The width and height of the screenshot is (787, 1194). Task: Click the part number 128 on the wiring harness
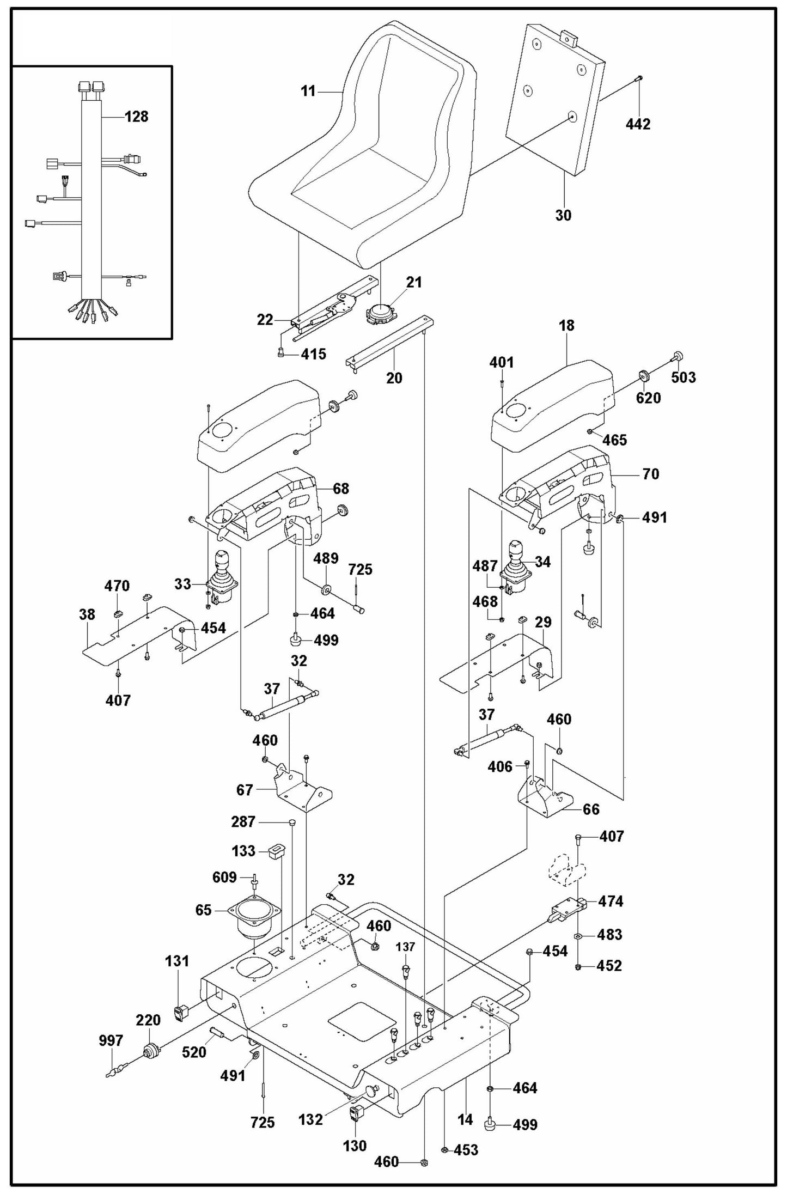[136, 117]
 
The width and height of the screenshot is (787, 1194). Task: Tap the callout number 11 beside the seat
[308, 92]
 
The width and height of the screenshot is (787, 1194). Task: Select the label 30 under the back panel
[563, 215]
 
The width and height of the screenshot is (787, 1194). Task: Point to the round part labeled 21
[379, 314]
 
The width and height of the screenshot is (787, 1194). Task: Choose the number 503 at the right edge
[683, 377]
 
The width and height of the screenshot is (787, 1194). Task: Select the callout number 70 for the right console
[650, 474]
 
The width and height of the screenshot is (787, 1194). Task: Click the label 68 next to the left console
[341, 489]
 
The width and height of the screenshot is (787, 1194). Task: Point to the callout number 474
[610, 901]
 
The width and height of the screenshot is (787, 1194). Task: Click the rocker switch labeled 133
[277, 851]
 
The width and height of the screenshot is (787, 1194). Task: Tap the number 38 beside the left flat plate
[87, 614]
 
